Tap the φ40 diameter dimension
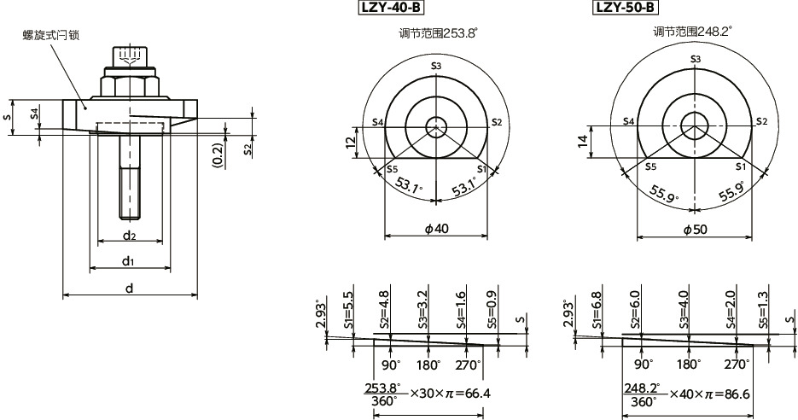436,228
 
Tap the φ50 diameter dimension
696,228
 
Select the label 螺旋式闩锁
51,35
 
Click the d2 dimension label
129,234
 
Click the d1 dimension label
129,260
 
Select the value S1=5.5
348,311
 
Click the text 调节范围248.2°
693,32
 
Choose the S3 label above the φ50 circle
696,58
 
